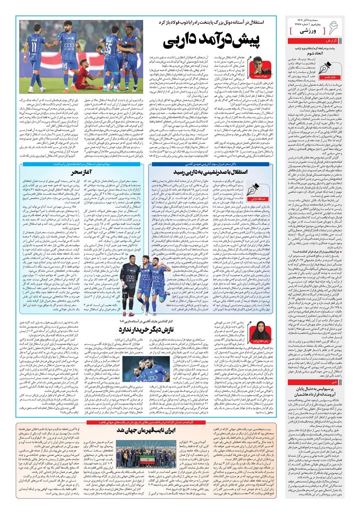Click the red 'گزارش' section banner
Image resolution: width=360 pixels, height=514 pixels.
[x=314, y=41]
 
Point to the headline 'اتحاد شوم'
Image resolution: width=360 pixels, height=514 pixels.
[x=314, y=53]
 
